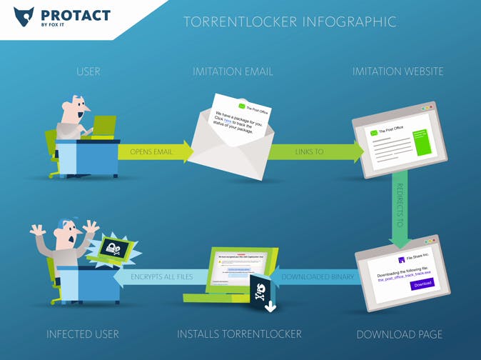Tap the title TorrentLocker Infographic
pyautogui.click(x=290, y=21)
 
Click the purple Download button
pyautogui.click(x=422, y=284)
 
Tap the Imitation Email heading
pyautogui.click(x=233, y=71)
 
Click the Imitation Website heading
pyautogui.click(x=398, y=71)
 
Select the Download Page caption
pyautogui.click(x=399, y=334)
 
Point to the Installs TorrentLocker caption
pyautogui.click(x=239, y=334)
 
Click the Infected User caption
pyautogui.click(x=83, y=334)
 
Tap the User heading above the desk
pyautogui.click(x=88, y=71)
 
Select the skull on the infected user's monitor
pyautogui.click(x=114, y=249)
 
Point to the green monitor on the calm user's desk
pyautogui.click(x=104, y=126)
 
